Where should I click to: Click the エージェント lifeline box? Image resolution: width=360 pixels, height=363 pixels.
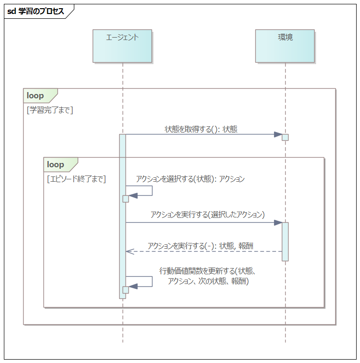point(122,46)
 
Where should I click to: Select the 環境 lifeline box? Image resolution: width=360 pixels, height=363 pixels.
point(285,46)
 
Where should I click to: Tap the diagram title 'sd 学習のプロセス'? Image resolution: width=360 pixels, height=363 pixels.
point(36,12)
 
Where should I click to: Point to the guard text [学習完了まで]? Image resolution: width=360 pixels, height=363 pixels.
point(50,110)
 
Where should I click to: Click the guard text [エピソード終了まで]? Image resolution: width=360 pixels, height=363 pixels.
point(76,179)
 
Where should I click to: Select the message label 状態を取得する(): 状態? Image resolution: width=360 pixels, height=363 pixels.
point(201,129)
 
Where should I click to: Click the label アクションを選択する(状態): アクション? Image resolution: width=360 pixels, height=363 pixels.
point(190,179)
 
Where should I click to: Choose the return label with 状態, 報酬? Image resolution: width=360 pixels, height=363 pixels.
point(200,245)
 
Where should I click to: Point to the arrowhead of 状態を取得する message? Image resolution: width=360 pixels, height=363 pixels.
point(278,134)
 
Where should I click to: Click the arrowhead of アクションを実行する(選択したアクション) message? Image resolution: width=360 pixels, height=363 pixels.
point(278,222)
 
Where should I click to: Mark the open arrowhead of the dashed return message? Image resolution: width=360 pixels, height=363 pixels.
point(128,251)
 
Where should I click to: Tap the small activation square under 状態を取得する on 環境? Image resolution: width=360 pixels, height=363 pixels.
point(285,137)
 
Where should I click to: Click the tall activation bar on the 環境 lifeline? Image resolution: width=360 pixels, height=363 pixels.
point(285,241)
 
